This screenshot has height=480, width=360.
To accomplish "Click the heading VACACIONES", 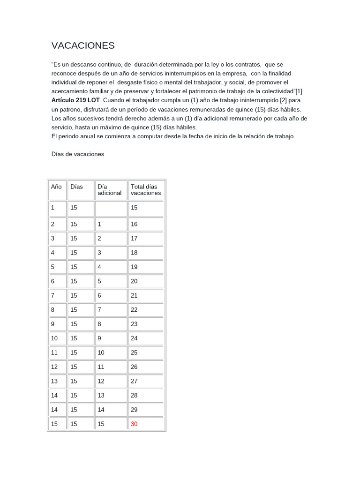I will pos(83,45).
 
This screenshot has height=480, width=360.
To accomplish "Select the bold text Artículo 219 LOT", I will pos(76,100).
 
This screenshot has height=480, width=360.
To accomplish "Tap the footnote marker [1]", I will pos(299,91).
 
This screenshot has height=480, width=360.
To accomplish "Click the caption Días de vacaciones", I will pos(77,154).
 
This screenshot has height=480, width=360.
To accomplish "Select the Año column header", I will pos(56,187).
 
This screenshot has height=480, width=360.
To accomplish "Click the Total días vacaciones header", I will pos(145,190).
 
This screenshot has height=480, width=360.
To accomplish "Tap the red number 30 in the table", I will pos(135,424).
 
